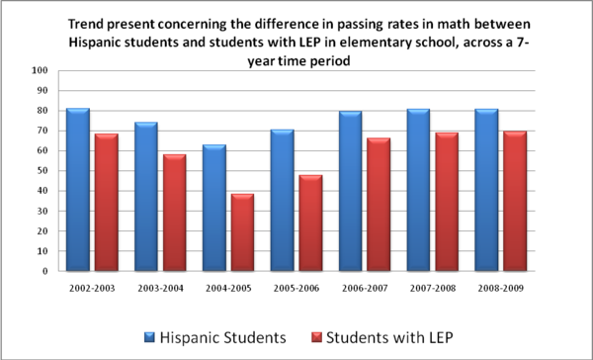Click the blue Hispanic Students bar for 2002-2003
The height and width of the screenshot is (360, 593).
click(78, 189)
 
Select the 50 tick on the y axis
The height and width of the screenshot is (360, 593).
click(42, 171)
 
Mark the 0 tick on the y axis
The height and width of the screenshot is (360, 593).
click(45, 271)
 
